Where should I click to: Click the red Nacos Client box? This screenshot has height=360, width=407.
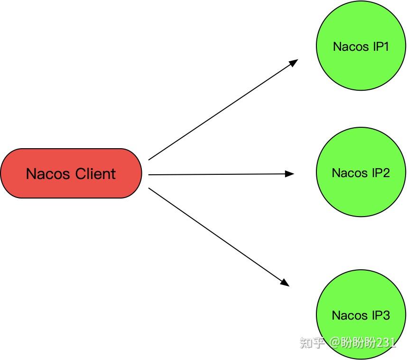pos(71,173)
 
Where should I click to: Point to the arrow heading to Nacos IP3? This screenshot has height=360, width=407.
pos(218,237)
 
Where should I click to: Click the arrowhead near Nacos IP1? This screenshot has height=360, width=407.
pos(294,62)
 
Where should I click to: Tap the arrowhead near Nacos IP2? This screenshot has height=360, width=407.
pos(290,174)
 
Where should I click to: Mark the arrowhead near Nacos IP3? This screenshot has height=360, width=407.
pos(285,283)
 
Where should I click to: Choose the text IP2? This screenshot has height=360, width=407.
pos(380,173)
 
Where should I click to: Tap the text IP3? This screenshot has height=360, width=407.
pos(380,315)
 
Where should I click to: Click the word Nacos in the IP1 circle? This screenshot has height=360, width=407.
pos(351,47)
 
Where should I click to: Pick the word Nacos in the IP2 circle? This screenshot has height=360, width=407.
pos(350,173)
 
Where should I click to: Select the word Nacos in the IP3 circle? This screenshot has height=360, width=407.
pos(350,315)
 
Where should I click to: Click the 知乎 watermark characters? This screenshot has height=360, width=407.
pos(312,342)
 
